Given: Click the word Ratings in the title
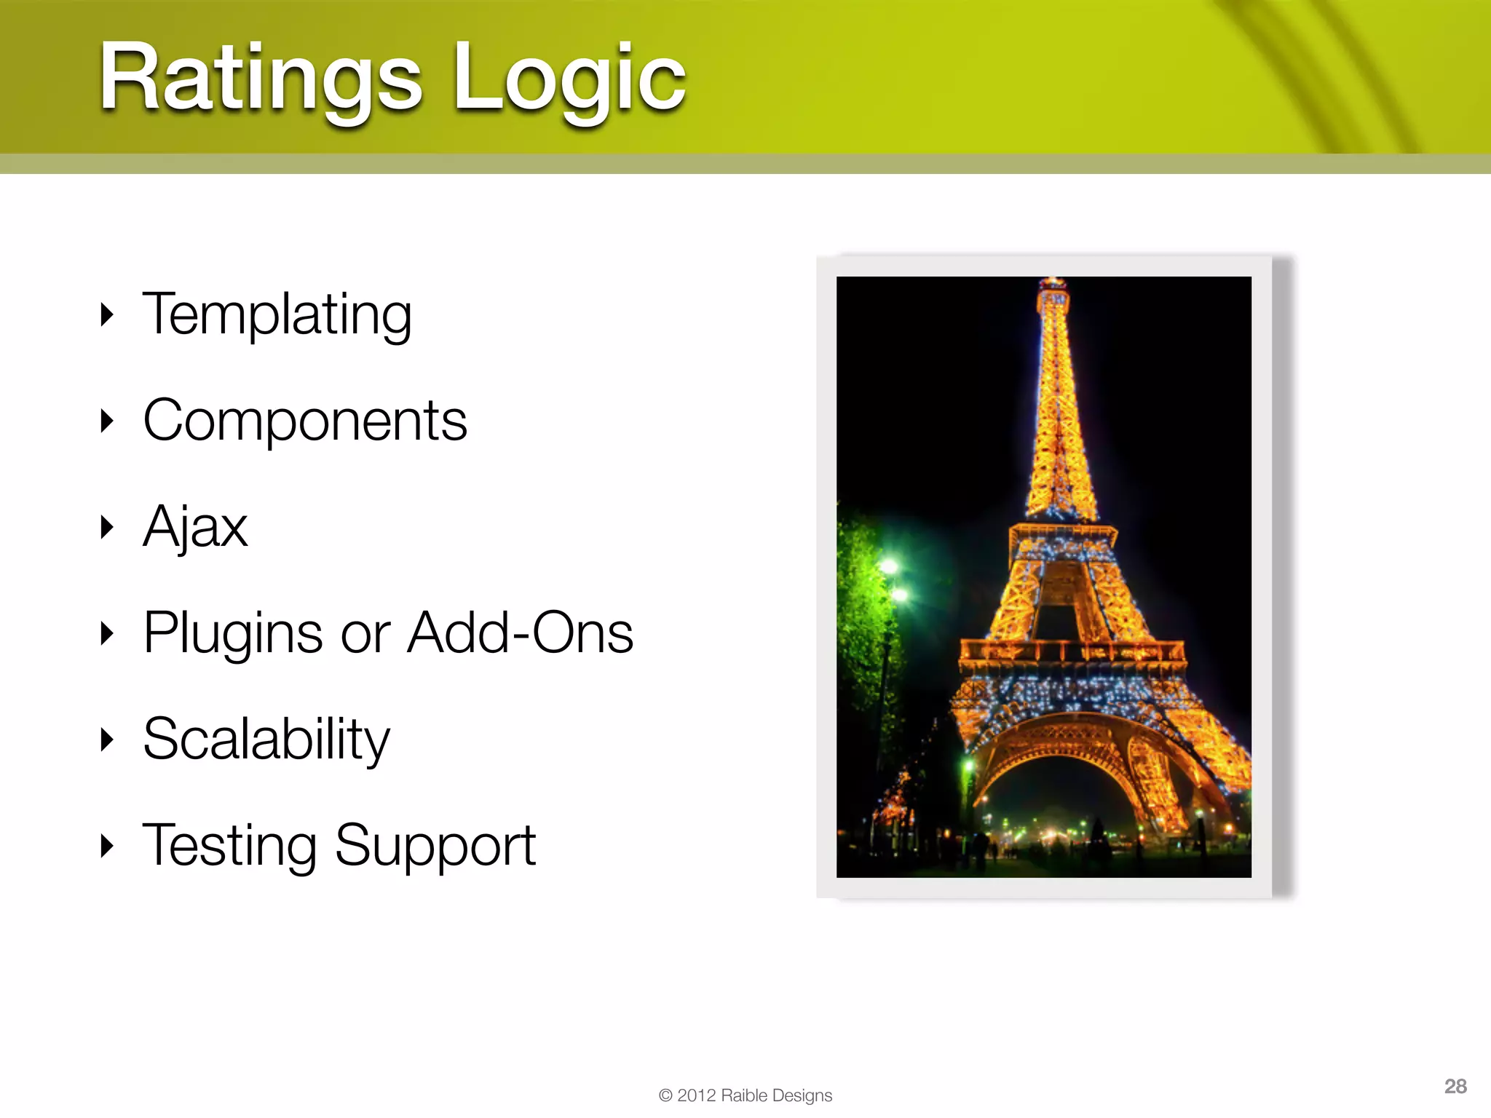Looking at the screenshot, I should (x=260, y=79).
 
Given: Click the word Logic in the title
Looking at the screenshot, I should (x=569, y=79).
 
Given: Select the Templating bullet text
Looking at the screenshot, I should (x=277, y=314).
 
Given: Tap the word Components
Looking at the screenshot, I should (x=304, y=421).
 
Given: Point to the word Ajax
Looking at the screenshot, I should (x=195, y=527).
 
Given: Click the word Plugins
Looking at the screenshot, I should (x=232, y=633).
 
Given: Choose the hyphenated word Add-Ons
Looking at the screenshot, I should (x=520, y=632).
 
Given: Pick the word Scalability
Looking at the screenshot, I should (x=266, y=740).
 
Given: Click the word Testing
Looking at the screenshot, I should (x=229, y=846).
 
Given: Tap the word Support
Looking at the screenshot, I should (x=435, y=846).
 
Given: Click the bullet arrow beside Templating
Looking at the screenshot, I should (x=107, y=314).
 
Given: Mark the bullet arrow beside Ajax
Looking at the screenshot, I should (x=107, y=527).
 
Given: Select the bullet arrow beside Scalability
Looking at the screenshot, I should (x=107, y=740).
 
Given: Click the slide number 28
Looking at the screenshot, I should (x=1455, y=1086).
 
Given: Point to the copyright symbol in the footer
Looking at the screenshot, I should (x=665, y=1095).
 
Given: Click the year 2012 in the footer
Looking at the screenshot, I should (x=696, y=1095).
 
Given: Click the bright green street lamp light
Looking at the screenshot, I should (x=889, y=566).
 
